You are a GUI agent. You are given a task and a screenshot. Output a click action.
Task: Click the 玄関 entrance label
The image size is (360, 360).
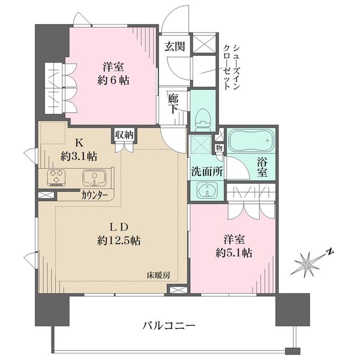click(x=175, y=46)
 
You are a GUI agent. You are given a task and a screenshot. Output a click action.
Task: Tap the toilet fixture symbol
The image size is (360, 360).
click(x=203, y=119)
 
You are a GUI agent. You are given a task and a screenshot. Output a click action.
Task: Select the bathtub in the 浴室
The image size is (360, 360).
click(x=251, y=140)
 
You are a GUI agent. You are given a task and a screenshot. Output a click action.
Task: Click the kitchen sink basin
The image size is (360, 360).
click(x=94, y=178)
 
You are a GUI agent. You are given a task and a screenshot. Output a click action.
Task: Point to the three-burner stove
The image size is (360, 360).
click(x=56, y=177)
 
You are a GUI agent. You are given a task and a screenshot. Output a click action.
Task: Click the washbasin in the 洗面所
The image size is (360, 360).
click(x=206, y=190)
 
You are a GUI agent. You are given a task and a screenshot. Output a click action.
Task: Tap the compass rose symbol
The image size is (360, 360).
click(x=307, y=264)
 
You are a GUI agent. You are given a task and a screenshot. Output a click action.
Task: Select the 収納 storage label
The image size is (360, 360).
click(x=124, y=135)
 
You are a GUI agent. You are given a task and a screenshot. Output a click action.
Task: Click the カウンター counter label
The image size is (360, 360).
click(x=94, y=195)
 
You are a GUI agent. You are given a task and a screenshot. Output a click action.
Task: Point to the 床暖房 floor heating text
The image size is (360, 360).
click(x=158, y=275)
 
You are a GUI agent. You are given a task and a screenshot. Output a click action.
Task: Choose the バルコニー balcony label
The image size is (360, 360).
click(x=169, y=325)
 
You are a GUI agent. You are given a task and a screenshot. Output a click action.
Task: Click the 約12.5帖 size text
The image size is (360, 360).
click(x=119, y=241)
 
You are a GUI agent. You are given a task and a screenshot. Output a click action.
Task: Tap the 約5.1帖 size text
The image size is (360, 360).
click(x=234, y=253)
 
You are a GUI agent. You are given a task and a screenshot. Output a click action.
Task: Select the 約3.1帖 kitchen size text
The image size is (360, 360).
click(x=79, y=157)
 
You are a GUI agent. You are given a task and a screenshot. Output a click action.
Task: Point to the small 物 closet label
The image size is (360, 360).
click(x=219, y=148)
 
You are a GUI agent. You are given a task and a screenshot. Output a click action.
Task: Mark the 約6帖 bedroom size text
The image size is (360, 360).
click(x=113, y=80)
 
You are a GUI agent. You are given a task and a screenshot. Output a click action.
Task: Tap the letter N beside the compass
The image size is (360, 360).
click(x=330, y=252)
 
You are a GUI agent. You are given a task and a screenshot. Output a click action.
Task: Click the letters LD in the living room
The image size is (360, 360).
click(x=119, y=227)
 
